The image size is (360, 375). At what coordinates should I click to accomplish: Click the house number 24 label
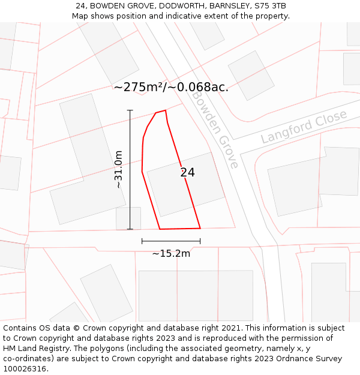click(187, 173)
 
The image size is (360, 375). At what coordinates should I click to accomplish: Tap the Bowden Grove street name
click(215, 130)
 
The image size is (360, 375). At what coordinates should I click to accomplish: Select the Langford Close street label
click(304, 127)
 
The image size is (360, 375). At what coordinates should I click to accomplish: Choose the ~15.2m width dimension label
click(171, 254)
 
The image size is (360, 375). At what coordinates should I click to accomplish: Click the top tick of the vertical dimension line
click(130, 110)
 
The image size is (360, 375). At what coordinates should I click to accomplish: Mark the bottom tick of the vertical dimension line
click(130, 229)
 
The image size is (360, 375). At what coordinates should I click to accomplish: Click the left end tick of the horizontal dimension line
click(142, 241)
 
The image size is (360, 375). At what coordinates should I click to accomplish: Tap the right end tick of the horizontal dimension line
click(200, 241)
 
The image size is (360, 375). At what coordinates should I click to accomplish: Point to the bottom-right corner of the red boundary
click(200, 228)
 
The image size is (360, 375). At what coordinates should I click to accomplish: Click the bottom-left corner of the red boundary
click(160, 229)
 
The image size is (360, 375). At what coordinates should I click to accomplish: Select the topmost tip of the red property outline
click(165, 110)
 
